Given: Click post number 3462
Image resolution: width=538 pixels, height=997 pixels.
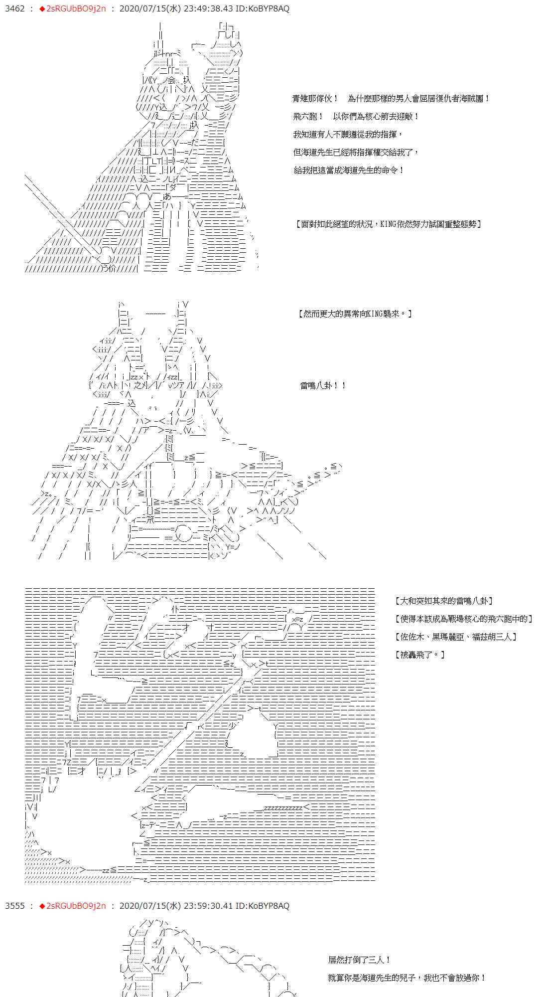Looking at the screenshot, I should pos(14,9).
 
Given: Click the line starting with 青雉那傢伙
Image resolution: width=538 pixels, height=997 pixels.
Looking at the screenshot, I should pos(391,99).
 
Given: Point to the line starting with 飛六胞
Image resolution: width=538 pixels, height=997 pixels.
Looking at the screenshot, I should pos(356,117).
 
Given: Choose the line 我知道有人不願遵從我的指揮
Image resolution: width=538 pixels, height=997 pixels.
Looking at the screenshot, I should pos(348,135).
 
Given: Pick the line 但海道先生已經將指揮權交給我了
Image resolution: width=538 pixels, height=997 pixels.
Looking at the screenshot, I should pos(356,153).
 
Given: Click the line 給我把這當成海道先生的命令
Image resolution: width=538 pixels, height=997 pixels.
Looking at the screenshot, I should pos(349,170).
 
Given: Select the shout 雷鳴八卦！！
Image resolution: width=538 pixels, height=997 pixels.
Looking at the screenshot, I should pos(323,386).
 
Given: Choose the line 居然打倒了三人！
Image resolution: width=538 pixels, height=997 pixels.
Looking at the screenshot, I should pos(360,960).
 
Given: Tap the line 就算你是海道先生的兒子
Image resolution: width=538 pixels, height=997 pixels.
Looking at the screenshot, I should pos(407,978).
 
